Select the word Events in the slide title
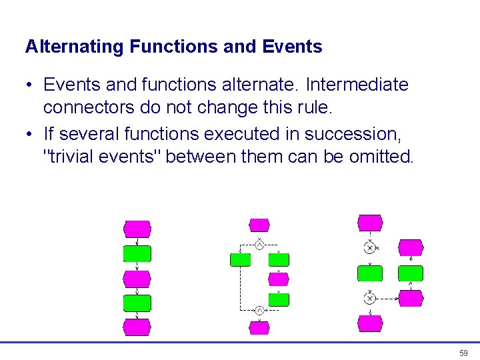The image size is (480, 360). tap(293, 47)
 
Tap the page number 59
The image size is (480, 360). tap(463, 353)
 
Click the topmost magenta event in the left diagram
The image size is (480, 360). tap(137, 229)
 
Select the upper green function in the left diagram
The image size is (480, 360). tap(137, 253)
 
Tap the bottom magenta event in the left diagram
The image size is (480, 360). tap(137, 327)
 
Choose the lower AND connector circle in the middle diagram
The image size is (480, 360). tap(259, 310)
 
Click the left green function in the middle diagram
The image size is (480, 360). tap(240, 259)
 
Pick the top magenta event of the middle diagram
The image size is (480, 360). tap(259, 225)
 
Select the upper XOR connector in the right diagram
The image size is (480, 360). tap(370, 248)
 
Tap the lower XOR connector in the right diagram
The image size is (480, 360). tap(370, 298)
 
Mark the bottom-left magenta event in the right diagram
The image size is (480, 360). tap(370, 323)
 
